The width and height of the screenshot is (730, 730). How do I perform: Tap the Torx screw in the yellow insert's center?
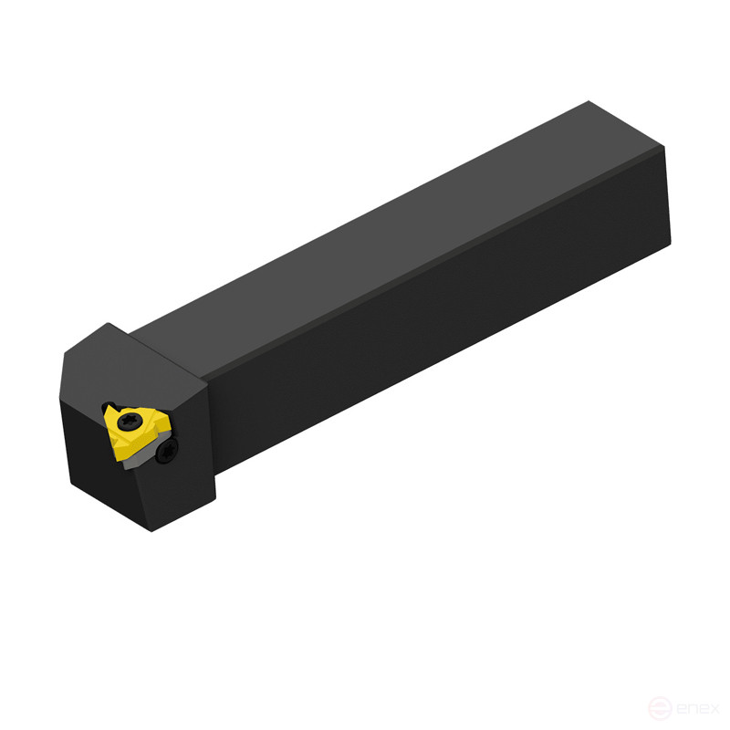click(130, 422)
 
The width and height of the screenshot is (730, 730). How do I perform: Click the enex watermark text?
click(698, 708)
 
